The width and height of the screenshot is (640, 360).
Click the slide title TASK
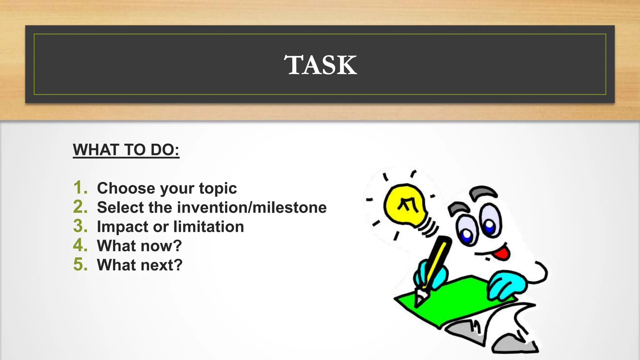[x=320, y=65]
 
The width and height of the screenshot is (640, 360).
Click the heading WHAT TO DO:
[x=126, y=150]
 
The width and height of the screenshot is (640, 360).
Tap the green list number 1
[x=80, y=188]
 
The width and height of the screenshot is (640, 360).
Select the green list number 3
[x=80, y=226]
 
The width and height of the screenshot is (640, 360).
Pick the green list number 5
[x=80, y=265]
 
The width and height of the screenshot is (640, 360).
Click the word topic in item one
[x=218, y=188]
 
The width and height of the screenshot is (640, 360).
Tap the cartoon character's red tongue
[x=503, y=252]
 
